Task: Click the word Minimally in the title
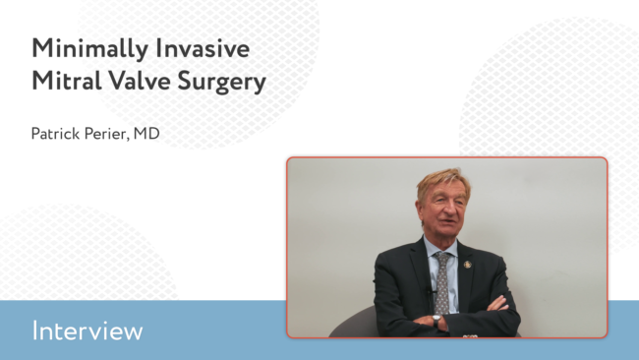[x=90, y=49]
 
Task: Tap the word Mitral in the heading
[x=67, y=81]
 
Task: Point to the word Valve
[x=140, y=81]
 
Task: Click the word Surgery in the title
[x=222, y=82]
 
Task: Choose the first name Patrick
[x=55, y=134]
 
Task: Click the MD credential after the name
[x=146, y=134]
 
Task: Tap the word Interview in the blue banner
[x=87, y=330]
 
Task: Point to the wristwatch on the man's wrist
[x=436, y=320]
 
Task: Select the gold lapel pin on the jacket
[x=467, y=265]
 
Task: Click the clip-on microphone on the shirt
[x=430, y=291]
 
